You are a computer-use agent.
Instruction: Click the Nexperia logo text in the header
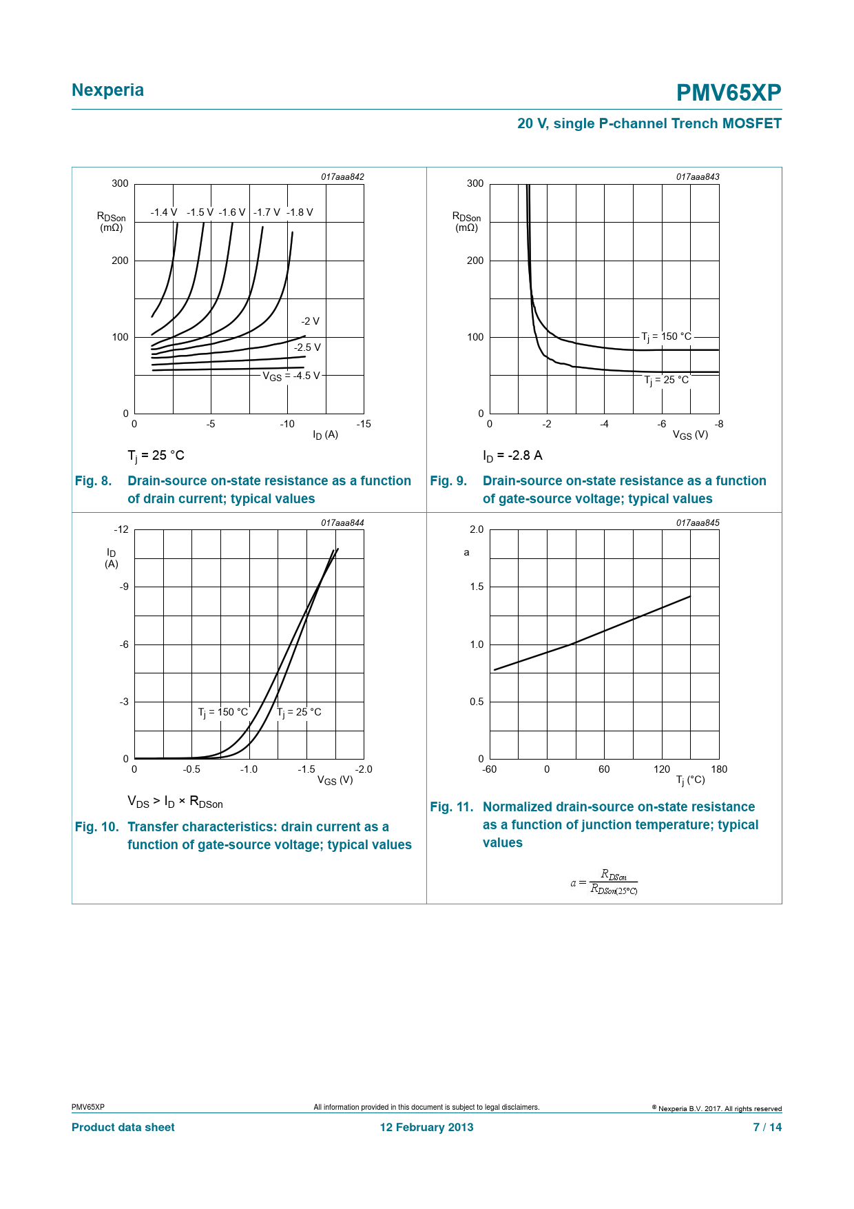click(x=107, y=90)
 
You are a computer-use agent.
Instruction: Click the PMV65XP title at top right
click(x=728, y=93)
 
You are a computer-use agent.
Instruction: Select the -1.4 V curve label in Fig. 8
click(x=164, y=212)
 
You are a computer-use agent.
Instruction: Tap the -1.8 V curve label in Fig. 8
click(x=300, y=212)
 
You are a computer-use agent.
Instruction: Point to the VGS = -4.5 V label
click(x=291, y=376)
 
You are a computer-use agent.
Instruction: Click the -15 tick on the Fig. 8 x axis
click(x=363, y=424)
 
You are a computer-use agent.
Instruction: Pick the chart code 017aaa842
click(x=342, y=177)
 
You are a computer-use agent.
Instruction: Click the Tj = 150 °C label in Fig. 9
click(x=666, y=336)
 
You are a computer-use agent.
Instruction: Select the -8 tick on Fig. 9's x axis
click(x=718, y=424)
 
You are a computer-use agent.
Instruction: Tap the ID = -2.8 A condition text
click(x=512, y=456)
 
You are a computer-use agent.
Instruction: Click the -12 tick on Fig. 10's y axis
click(x=121, y=529)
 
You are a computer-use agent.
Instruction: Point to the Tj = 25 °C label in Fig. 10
click(x=299, y=712)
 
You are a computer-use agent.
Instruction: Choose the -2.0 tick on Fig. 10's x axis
click(x=363, y=769)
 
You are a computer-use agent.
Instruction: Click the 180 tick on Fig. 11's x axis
click(x=718, y=769)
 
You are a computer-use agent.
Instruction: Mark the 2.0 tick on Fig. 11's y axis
click(x=477, y=529)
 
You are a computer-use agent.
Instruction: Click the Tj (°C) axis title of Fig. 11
click(x=690, y=780)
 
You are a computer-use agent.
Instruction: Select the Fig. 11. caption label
click(x=452, y=807)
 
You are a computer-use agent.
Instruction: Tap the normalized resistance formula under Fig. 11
click(x=604, y=882)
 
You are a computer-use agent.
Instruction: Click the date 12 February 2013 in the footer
click(x=426, y=1127)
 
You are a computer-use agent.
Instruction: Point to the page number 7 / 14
click(x=767, y=1127)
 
